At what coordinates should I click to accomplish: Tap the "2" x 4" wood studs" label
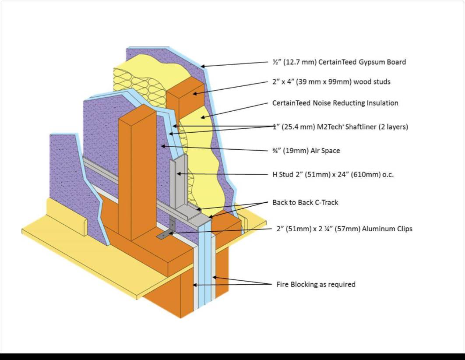[331, 82]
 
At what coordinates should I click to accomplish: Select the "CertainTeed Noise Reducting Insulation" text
[335, 103]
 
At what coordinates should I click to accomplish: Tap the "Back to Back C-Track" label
[305, 202]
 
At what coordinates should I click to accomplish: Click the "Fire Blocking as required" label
[316, 284]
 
